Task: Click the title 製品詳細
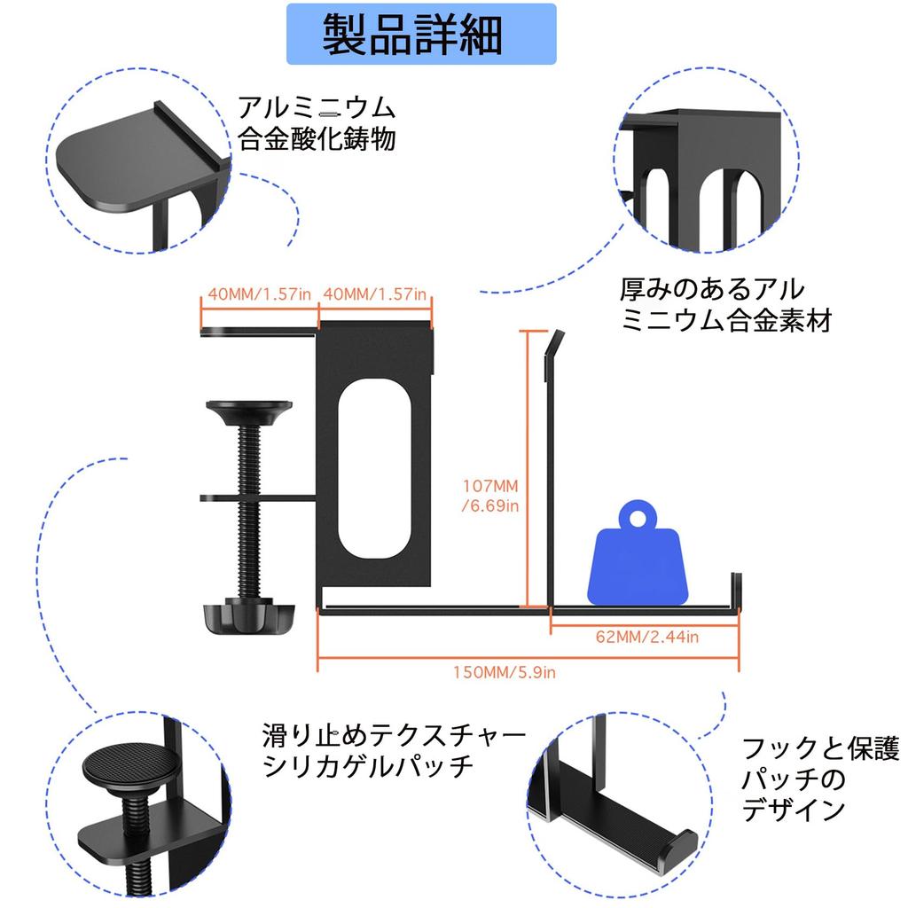tap(413, 35)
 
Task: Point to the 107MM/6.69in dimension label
tap(490, 496)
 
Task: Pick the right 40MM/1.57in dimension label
tap(375, 294)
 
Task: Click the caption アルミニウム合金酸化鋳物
tap(316, 124)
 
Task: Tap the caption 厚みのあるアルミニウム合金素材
tap(725, 304)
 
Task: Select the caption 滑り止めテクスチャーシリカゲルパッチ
tap(395, 749)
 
